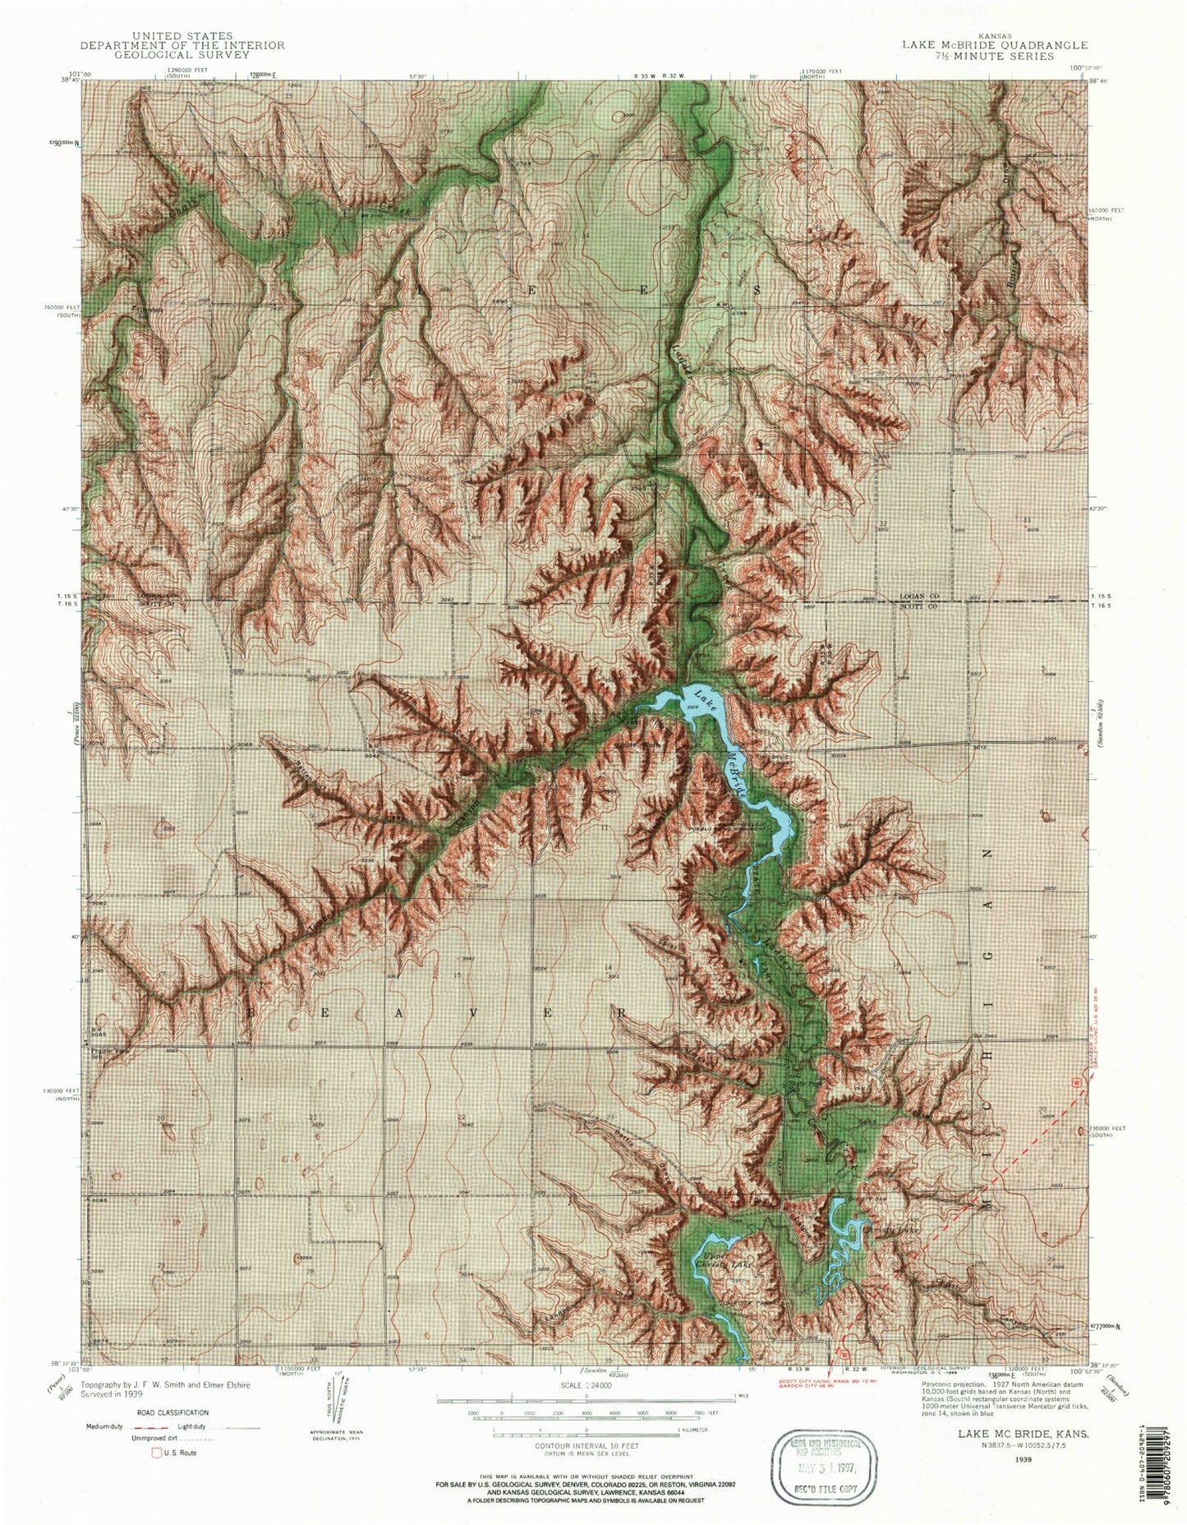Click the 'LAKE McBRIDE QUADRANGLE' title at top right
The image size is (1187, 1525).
(x=994, y=45)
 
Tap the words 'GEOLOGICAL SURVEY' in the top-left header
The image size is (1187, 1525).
(x=183, y=55)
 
